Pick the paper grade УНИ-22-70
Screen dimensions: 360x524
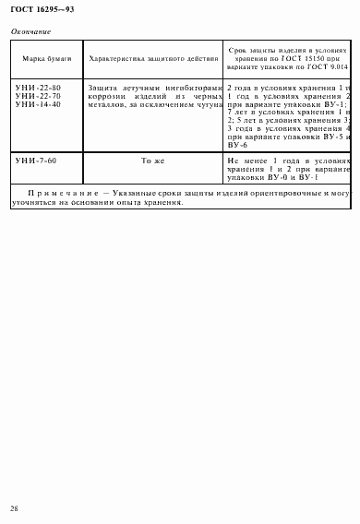[x=38, y=95]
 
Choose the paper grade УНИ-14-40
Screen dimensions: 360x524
[x=38, y=103]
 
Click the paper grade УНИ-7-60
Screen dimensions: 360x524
[x=36, y=161]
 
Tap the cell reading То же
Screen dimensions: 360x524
[x=152, y=161]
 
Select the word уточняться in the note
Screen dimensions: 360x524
[x=34, y=203]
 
